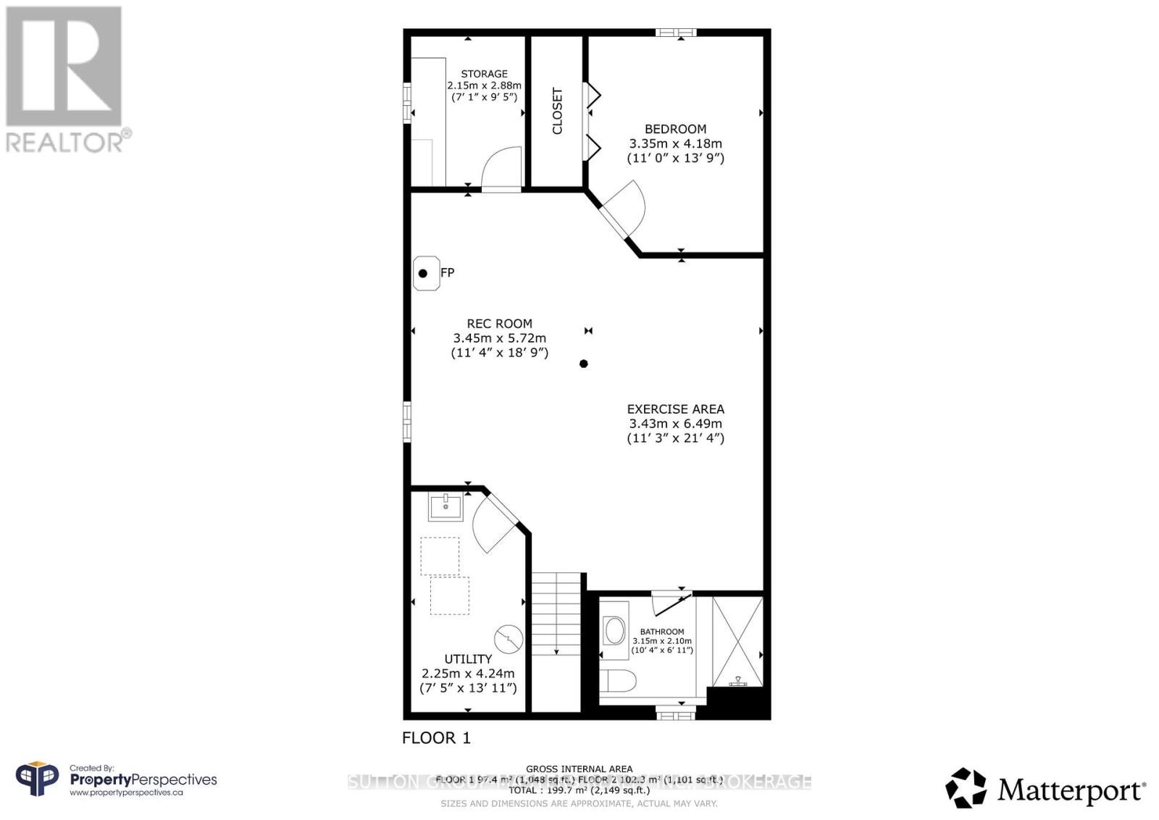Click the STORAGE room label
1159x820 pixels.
(x=484, y=74)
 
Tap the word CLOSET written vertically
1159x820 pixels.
(x=557, y=111)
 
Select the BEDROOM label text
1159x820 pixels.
(x=675, y=129)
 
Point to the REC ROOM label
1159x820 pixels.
(x=499, y=324)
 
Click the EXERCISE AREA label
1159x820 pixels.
(x=675, y=409)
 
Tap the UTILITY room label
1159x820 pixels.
(x=468, y=658)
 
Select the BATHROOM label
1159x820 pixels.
(x=661, y=632)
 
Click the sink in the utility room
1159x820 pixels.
(x=445, y=506)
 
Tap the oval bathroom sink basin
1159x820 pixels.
(x=615, y=631)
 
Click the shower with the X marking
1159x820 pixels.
(x=737, y=641)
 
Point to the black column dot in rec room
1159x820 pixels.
(x=584, y=364)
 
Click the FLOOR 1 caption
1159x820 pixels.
(x=436, y=738)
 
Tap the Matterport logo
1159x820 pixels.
(x=1045, y=789)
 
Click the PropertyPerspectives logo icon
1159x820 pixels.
(x=38, y=780)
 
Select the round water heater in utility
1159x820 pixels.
(x=509, y=638)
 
